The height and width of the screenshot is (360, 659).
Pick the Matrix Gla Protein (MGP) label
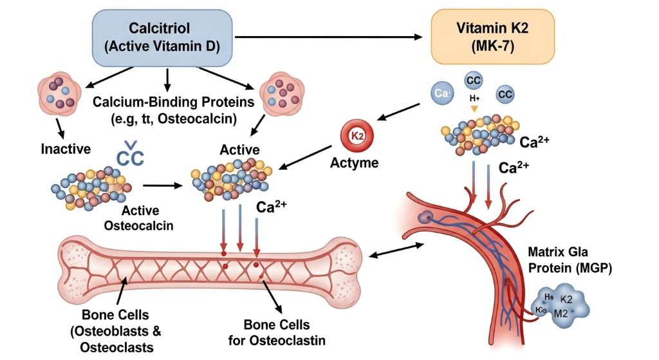pyautogui.click(x=566, y=260)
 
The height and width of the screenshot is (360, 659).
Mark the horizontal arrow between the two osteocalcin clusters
pyautogui.click(x=162, y=185)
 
